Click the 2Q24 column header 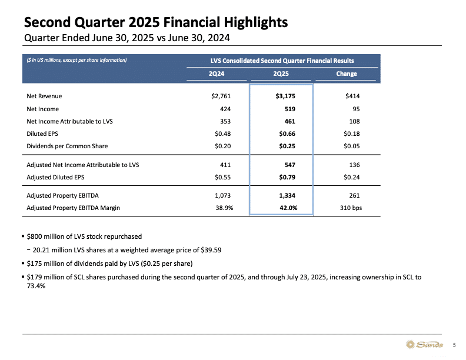[x=217, y=74]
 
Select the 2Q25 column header [x=281, y=74]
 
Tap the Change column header [x=346, y=74]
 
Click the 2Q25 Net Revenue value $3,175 [x=285, y=96]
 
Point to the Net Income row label [x=43, y=109]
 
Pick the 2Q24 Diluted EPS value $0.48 [x=223, y=134]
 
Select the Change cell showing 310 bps [x=351, y=208]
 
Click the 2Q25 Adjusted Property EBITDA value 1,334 [x=287, y=195]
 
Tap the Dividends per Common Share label [x=67, y=146]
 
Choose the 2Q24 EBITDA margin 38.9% [x=224, y=208]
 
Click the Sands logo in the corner [x=424, y=345]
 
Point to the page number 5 [x=454, y=345]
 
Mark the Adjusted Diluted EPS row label [x=55, y=177]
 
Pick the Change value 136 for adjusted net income [x=355, y=165]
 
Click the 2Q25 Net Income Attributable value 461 [x=289, y=121]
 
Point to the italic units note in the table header [x=76, y=60]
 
